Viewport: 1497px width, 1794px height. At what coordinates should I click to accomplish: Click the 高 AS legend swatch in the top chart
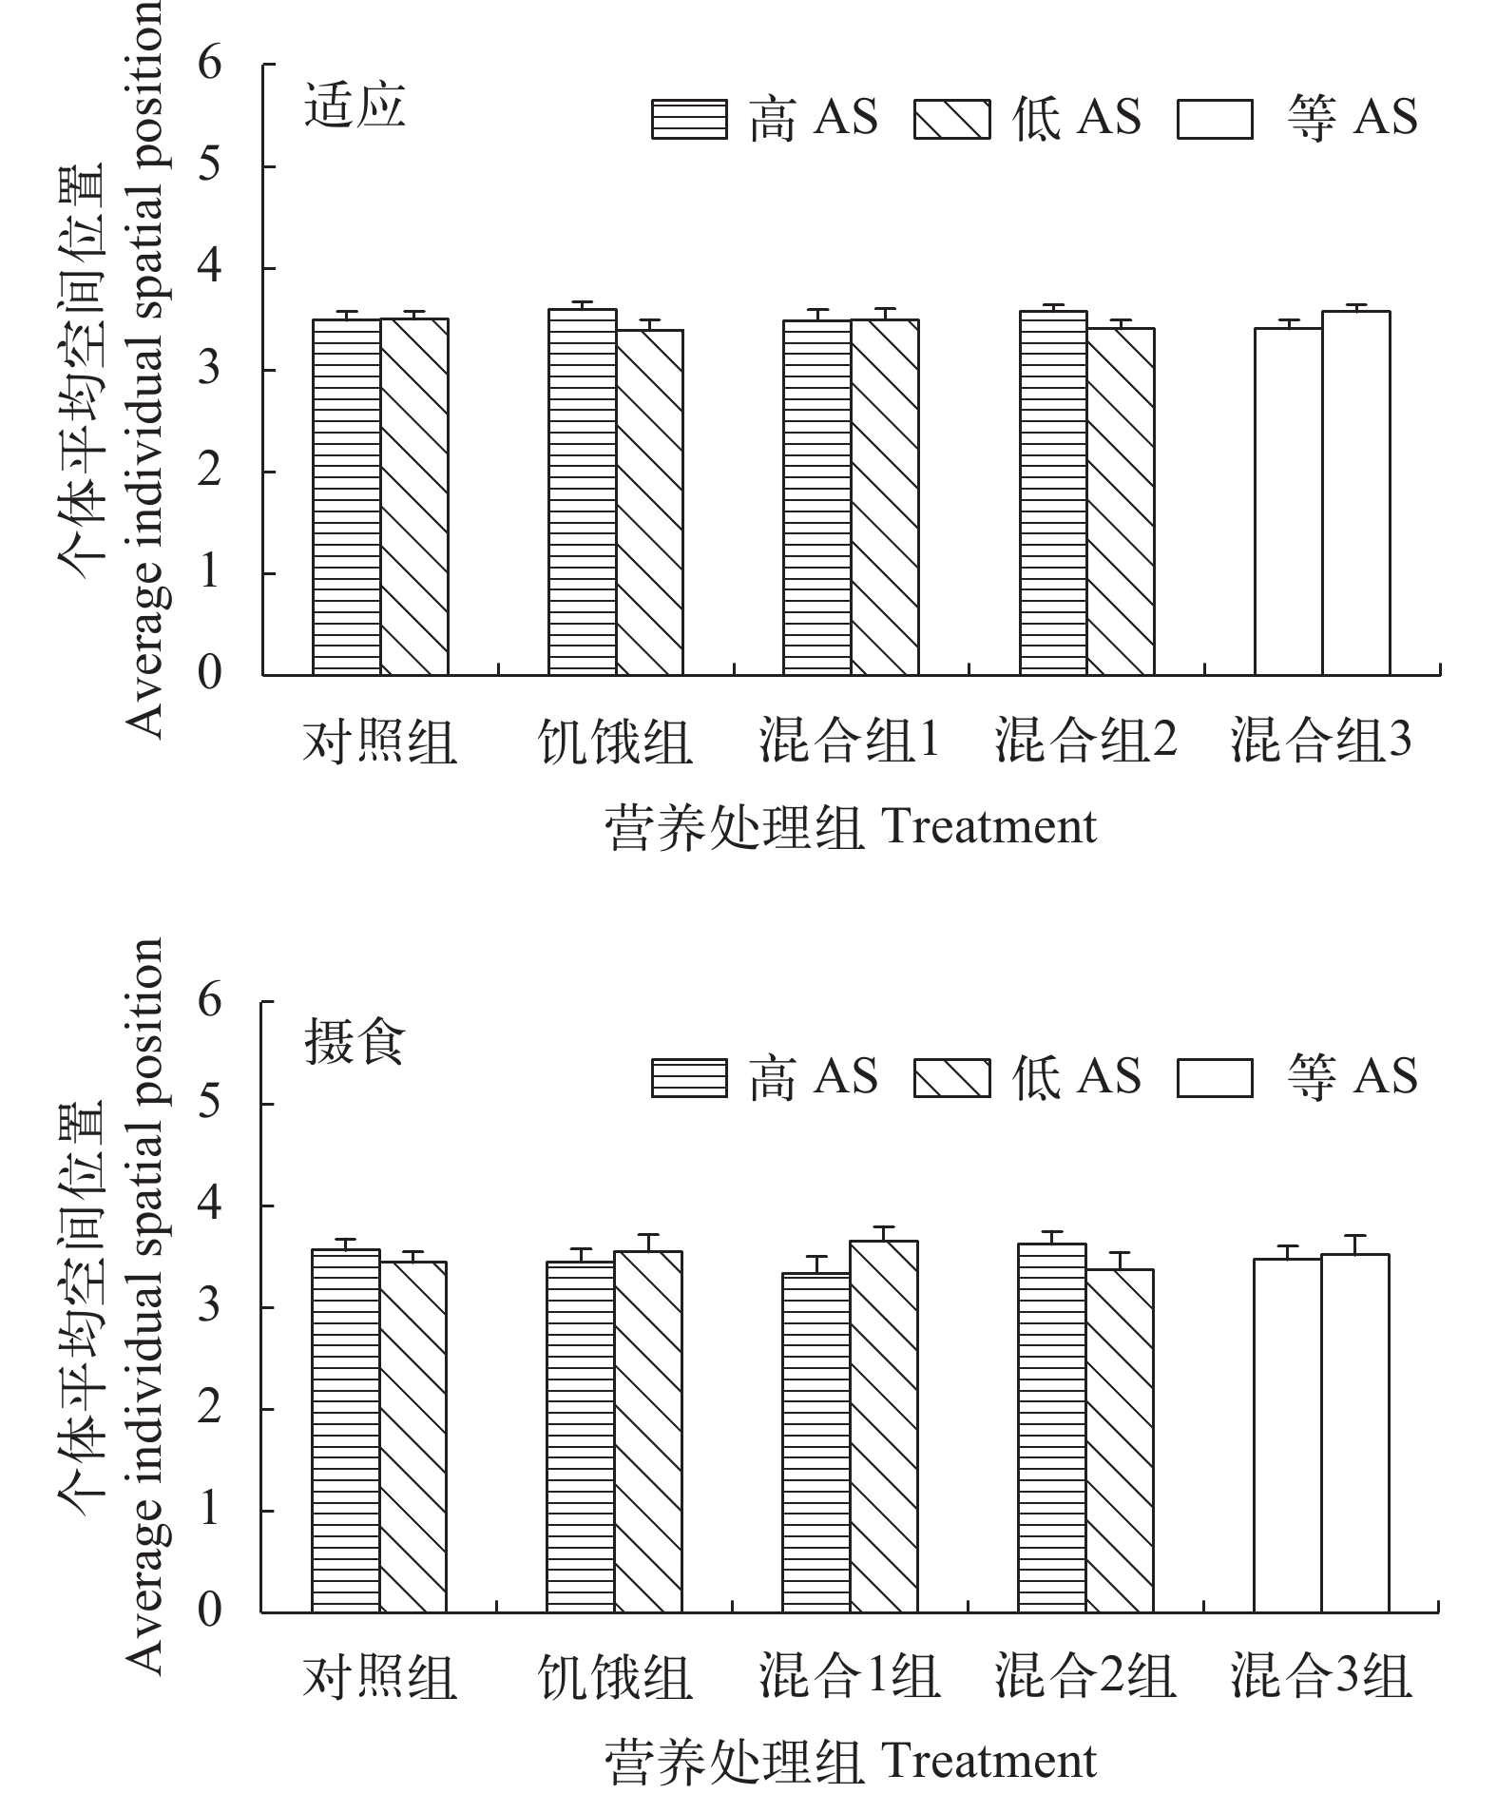(689, 120)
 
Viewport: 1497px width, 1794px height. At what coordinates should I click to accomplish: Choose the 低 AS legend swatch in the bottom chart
(951, 1078)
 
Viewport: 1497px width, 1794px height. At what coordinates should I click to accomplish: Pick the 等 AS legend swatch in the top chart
(1215, 120)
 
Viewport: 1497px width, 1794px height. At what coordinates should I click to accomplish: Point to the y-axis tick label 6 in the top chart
(210, 65)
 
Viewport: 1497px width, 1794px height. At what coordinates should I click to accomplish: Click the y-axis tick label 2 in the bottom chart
(210, 1408)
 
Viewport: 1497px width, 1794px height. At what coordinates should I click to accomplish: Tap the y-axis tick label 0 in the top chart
(210, 674)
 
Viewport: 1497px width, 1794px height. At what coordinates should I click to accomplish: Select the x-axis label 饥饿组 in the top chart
(615, 742)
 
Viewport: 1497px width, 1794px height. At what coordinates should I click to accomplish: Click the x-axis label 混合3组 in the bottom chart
(1321, 1677)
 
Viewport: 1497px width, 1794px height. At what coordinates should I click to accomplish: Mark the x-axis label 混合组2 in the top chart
(1086, 742)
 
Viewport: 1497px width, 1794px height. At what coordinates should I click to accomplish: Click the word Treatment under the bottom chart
(989, 1761)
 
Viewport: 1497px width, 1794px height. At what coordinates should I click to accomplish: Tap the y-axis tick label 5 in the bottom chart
(210, 1104)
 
